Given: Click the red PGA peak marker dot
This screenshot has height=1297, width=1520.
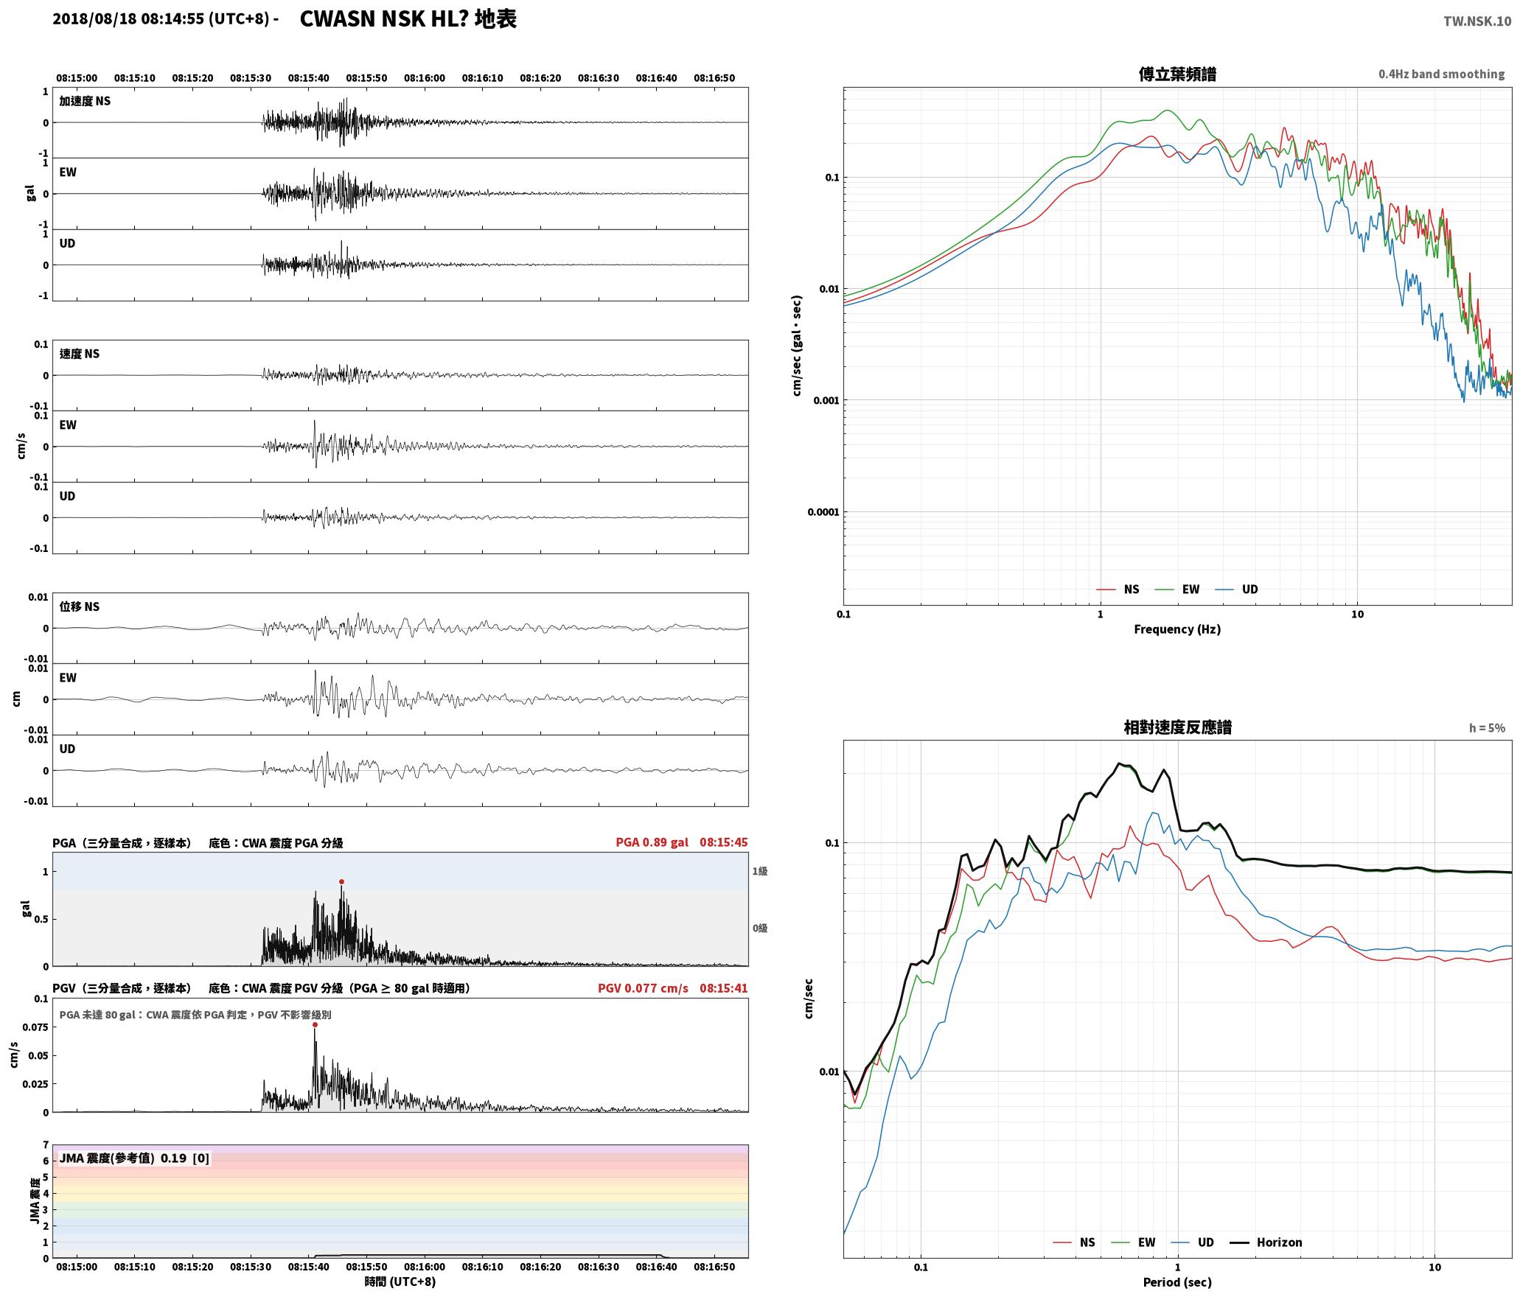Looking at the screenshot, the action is [341, 881].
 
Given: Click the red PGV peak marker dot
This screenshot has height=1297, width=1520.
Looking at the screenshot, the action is [315, 1024].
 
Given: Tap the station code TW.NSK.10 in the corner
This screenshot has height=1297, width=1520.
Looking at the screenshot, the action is [1477, 21].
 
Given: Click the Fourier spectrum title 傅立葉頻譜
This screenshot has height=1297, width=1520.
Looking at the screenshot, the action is [1177, 74].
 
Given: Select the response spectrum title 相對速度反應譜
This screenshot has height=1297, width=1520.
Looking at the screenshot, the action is [1177, 727].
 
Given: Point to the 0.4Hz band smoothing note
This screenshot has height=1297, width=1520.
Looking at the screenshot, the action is [1441, 74].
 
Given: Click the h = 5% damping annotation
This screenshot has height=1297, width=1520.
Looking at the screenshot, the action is [1487, 728].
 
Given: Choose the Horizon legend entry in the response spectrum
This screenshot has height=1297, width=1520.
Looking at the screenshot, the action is [1266, 1242].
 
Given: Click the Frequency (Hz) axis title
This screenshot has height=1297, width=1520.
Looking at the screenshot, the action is [1177, 629].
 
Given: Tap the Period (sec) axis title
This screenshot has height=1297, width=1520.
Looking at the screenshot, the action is [1177, 1282].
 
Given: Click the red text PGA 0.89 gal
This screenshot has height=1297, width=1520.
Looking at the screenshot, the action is [652, 842].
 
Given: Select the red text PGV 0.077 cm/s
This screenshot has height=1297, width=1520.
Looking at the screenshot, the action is [643, 988].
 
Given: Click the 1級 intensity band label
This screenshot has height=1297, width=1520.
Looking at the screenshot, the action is [760, 871].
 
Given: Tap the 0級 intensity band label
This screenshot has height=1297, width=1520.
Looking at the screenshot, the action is [760, 928].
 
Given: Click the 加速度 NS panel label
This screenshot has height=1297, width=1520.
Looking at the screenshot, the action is [85, 101].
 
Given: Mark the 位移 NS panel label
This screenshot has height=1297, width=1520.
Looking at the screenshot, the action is [79, 606].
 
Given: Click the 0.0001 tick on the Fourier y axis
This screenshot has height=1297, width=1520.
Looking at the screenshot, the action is [823, 512].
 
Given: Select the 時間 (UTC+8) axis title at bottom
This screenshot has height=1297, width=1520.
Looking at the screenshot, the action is [400, 1282].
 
